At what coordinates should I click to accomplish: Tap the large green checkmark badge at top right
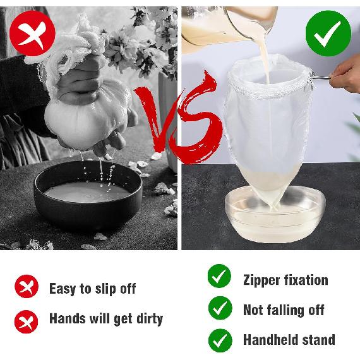[328, 30]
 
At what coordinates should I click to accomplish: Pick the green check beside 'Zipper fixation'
[219, 277]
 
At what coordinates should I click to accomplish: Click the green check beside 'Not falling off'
[219, 308]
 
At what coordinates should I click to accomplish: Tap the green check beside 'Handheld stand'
[219, 339]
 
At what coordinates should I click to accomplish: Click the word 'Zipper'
[263, 279]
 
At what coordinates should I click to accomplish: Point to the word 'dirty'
[145, 318]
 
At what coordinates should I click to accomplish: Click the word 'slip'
[105, 289]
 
